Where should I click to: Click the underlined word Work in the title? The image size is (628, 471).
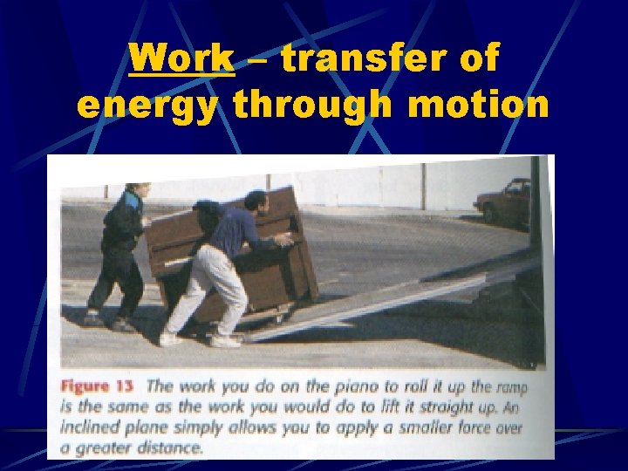click(181, 59)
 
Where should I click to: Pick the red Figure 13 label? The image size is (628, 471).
click(98, 386)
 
